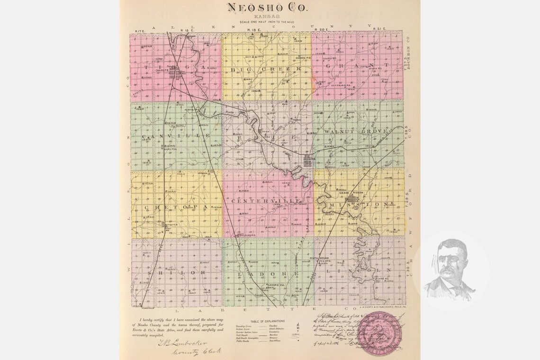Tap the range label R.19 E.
(x=252, y=30)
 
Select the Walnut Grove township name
(x=357, y=131)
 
